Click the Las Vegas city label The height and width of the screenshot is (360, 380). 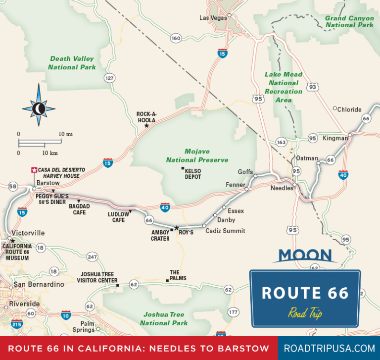click(212, 17)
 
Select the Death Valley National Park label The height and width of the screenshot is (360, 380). click(72, 63)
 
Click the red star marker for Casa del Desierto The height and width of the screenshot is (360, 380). click(34, 170)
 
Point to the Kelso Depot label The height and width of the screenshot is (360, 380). click(193, 173)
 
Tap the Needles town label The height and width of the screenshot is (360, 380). click(282, 188)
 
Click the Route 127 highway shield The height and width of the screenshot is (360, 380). click(109, 78)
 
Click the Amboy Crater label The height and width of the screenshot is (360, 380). click(160, 235)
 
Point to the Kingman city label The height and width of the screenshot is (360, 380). click(335, 138)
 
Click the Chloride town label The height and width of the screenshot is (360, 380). click(349, 109)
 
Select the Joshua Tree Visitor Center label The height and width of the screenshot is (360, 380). click(97, 277)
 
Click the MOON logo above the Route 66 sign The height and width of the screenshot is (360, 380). click(305, 256)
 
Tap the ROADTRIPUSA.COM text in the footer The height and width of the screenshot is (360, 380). click(329, 349)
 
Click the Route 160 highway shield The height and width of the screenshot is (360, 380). click(176, 38)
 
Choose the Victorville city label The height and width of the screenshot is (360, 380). click(28, 233)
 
